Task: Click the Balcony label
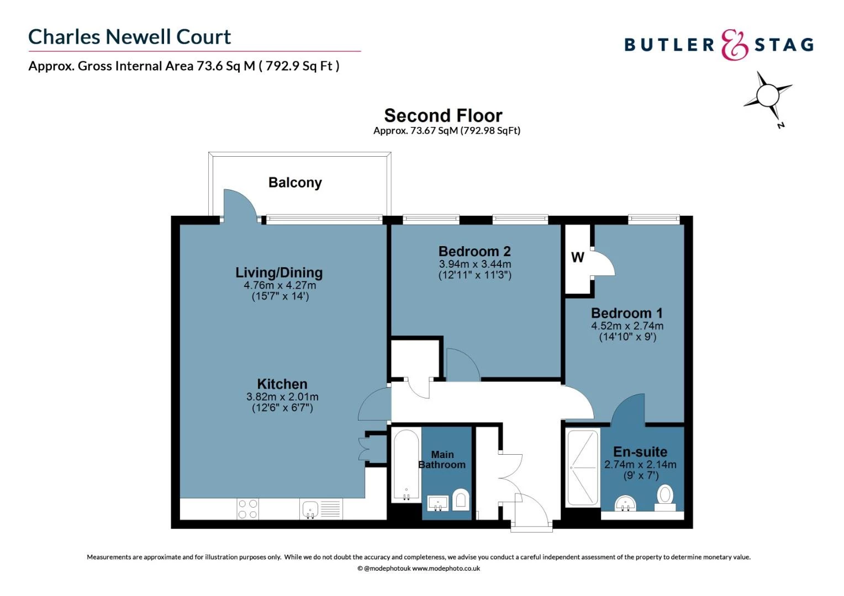pyautogui.click(x=295, y=183)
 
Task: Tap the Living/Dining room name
pyautogui.click(x=279, y=273)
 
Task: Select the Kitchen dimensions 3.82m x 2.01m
pyautogui.click(x=282, y=397)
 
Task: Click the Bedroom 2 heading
pyautogui.click(x=474, y=252)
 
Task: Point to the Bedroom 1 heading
pyautogui.click(x=626, y=313)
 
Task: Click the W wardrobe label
pyautogui.click(x=577, y=257)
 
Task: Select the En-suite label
pyautogui.click(x=640, y=452)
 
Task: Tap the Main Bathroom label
pyautogui.click(x=442, y=460)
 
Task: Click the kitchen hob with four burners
pyautogui.click(x=247, y=509)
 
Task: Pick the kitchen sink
pyautogui.click(x=310, y=509)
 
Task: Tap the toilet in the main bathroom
pyautogui.click(x=461, y=500)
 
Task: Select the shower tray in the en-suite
pyautogui.click(x=583, y=467)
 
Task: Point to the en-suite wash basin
pyautogui.click(x=626, y=503)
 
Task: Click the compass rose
pyautogui.click(x=768, y=97)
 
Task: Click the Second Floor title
pyautogui.click(x=443, y=116)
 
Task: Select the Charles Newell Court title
pyautogui.click(x=130, y=37)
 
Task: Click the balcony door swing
pyautogui.click(x=239, y=204)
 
